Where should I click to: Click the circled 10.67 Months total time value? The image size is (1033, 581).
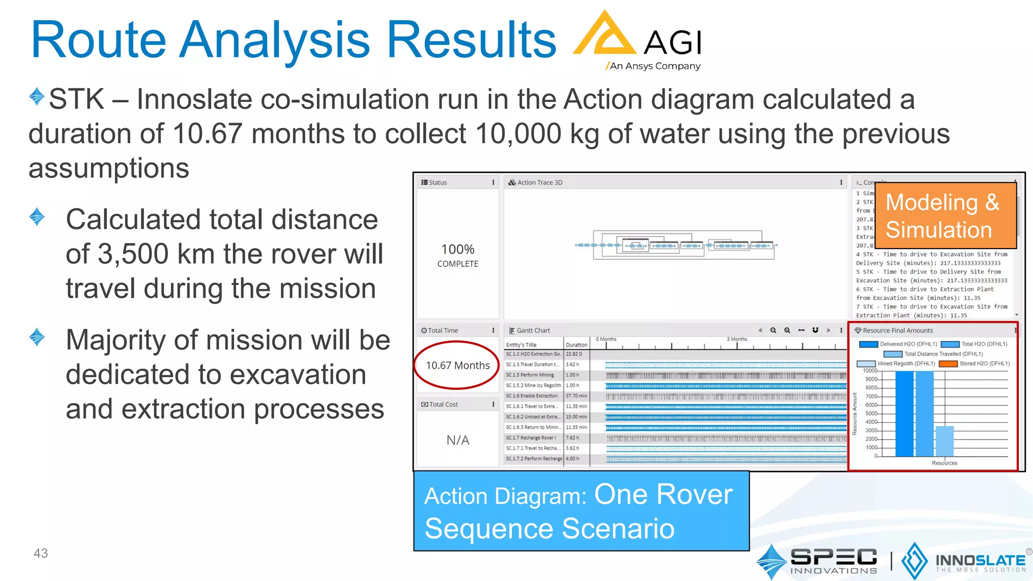(457, 365)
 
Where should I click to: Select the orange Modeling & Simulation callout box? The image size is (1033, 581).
(945, 216)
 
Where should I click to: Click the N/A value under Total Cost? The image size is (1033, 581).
(457, 440)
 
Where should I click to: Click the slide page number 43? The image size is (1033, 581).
(40, 553)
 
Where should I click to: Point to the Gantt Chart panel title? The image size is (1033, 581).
(533, 330)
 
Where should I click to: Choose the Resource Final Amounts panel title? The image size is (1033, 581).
(897, 330)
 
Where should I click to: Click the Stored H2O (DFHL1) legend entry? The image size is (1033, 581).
(984, 364)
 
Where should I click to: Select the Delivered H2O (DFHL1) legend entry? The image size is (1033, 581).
(908, 344)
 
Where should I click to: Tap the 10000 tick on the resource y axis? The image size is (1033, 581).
(870, 371)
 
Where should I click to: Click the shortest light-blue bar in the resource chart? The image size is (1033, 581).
(944, 441)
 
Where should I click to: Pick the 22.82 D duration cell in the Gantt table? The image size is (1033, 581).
(574, 354)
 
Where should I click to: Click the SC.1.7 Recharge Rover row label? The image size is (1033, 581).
(534, 438)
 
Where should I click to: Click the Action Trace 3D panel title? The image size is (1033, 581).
(539, 183)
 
